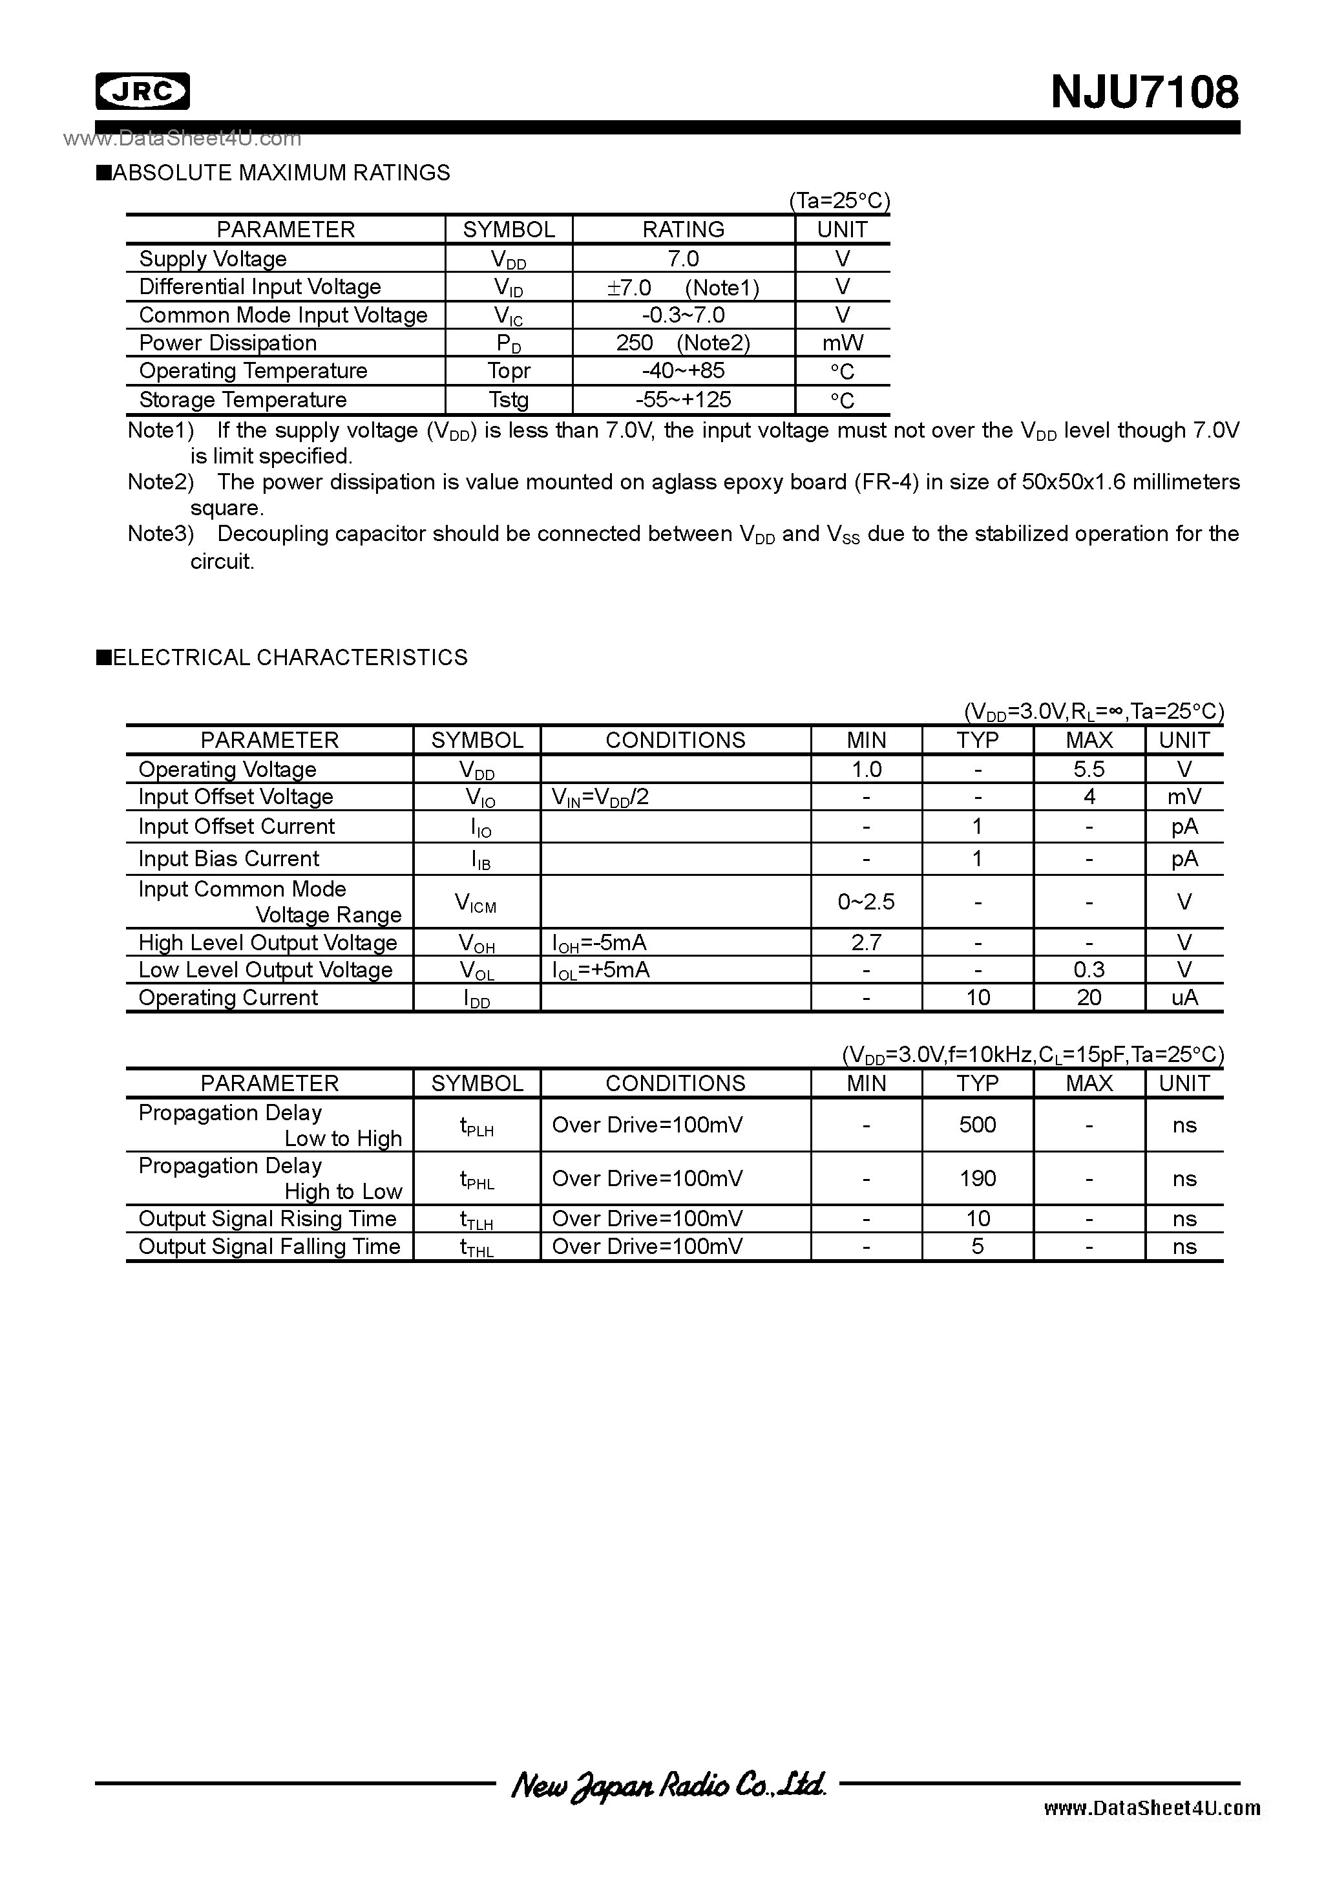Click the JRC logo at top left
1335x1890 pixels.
142,91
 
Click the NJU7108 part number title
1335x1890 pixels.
1144,92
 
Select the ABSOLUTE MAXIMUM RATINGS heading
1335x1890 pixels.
280,173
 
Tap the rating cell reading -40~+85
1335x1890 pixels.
683,370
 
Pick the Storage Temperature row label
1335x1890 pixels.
243,400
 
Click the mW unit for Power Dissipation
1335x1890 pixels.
842,343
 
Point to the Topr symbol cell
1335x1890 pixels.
509,371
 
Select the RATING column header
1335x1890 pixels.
683,229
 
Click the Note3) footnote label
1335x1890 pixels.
160,535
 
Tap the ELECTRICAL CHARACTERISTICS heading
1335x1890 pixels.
288,658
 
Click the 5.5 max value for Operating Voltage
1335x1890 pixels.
1089,770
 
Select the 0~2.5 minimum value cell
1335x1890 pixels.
866,902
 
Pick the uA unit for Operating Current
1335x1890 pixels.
1184,998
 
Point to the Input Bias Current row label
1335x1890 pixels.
229,858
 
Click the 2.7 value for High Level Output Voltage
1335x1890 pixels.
866,942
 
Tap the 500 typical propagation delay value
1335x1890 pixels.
977,1125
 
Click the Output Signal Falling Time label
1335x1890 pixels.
269,1246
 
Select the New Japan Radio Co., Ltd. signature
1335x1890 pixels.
667,1785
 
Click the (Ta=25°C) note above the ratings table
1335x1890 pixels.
839,202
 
